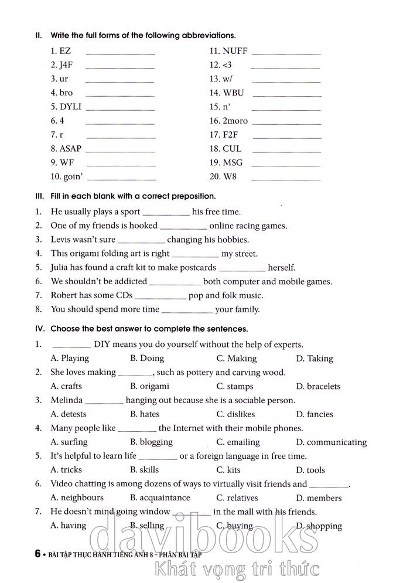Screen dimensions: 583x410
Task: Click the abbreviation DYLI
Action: click(70, 107)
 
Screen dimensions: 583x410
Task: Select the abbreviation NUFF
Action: click(235, 51)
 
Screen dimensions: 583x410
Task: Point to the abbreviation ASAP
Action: click(70, 149)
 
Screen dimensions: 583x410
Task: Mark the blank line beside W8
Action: click(285, 179)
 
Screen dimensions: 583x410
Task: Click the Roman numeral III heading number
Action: click(39, 196)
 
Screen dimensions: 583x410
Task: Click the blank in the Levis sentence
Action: click(141, 241)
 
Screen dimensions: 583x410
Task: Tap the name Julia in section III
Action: click(61, 268)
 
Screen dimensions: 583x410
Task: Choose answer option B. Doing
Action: click(147, 359)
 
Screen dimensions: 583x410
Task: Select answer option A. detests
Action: click(69, 414)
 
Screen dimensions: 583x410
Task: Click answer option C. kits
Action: click(228, 470)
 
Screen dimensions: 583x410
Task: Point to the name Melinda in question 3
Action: click(66, 400)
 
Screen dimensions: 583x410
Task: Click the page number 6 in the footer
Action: click(37, 554)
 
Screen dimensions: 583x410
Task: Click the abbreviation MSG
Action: click(233, 163)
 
